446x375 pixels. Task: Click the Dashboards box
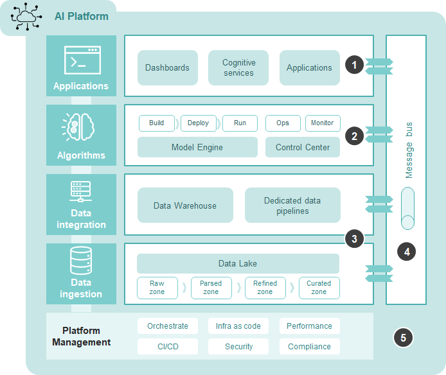[167, 68]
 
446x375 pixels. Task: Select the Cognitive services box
[238, 68]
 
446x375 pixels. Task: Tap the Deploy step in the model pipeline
[198, 123]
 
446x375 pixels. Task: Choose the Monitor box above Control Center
[322, 123]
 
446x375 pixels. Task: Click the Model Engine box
[197, 147]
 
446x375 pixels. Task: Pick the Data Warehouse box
[185, 205]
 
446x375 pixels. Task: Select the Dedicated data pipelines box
[292, 205]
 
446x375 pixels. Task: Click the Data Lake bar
[238, 263]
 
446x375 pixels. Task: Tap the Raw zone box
[157, 288]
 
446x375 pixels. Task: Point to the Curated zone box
[319, 288]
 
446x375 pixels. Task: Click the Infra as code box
[238, 326]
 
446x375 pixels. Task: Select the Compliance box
[309, 347]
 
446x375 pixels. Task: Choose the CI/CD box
[168, 347]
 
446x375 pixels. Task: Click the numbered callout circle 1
[354, 65]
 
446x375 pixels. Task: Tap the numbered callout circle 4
[406, 252]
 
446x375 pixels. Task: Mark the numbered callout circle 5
[402, 337]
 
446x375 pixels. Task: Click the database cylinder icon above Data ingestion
[81, 260]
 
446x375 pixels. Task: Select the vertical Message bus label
[409, 150]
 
